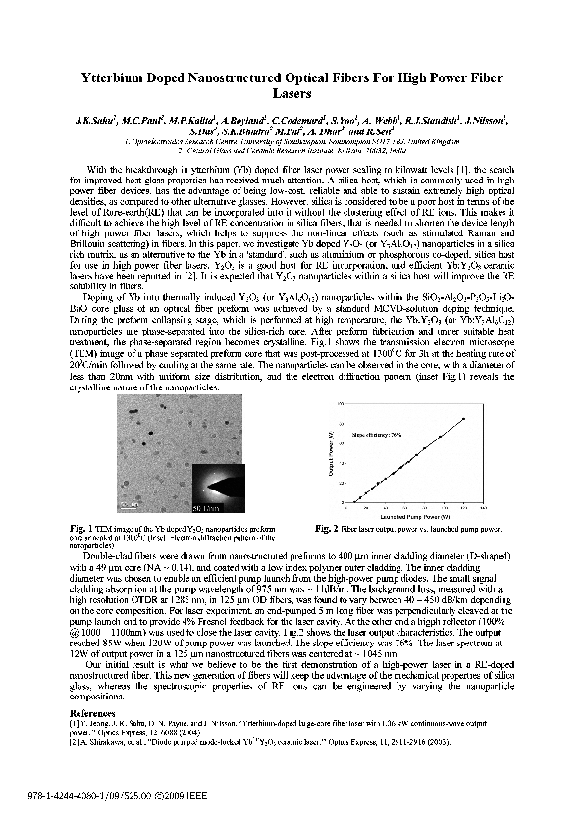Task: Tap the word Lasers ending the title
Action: (x=292, y=95)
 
